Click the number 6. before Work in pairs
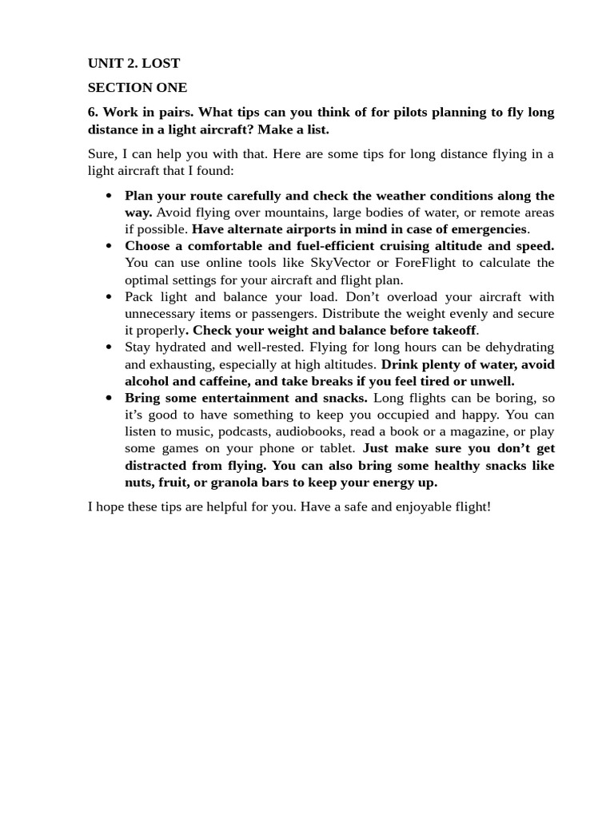(93, 112)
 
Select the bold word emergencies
(484, 229)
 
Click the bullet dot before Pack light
(109, 297)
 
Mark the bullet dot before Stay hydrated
(109, 347)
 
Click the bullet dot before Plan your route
(109, 196)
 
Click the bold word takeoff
(453, 331)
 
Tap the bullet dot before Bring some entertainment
(109, 398)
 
